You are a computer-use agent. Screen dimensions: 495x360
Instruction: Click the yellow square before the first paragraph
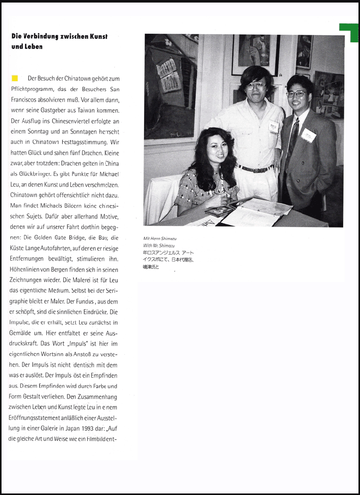(x=15, y=78)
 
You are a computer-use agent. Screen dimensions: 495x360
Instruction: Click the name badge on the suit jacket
(x=308, y=135)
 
